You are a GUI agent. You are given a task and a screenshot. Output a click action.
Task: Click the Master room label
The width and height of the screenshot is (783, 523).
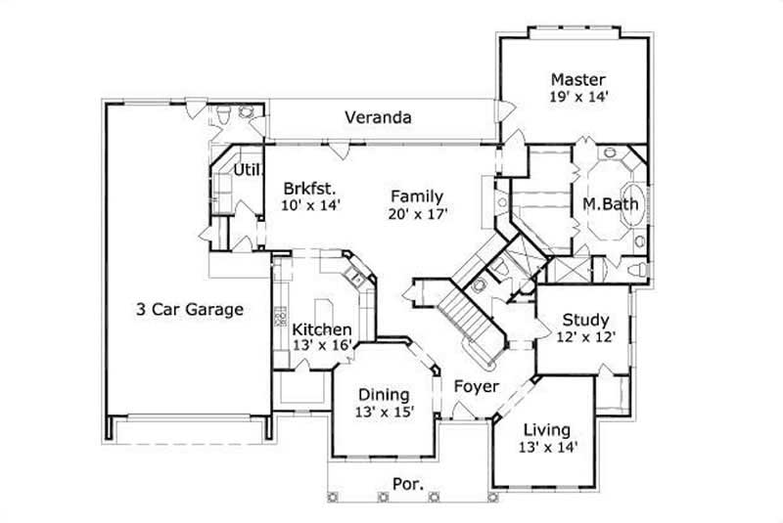click(577, 79)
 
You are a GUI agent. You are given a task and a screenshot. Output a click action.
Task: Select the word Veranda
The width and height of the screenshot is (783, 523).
click(377, 117)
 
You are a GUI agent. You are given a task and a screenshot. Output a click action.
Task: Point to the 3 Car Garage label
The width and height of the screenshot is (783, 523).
click(189, 310)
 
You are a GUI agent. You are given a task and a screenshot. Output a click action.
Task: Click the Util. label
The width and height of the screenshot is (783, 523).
click(246, 169)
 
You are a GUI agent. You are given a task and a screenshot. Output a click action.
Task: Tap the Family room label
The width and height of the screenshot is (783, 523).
click(416, 196)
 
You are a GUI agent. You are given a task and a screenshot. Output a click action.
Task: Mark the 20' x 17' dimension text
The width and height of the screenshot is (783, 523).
click(416, 213)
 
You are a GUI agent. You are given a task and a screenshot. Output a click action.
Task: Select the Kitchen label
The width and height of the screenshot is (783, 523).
click(322, 329)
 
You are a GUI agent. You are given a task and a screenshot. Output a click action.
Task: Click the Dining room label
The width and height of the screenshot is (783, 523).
click(383, 395)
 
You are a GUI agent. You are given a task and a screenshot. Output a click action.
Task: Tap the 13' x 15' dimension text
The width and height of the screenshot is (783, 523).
click(383, 413)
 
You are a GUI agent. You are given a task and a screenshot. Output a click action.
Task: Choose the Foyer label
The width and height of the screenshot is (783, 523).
click(477, 386)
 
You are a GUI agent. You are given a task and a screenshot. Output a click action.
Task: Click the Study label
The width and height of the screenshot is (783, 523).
click(585, 320)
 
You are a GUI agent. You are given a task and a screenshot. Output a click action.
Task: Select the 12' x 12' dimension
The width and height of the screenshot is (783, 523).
click(585, 337)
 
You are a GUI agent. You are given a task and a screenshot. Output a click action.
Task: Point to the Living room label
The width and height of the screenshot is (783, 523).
click(546, 429)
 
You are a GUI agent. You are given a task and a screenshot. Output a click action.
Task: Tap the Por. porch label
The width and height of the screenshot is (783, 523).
click(408, 484)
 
